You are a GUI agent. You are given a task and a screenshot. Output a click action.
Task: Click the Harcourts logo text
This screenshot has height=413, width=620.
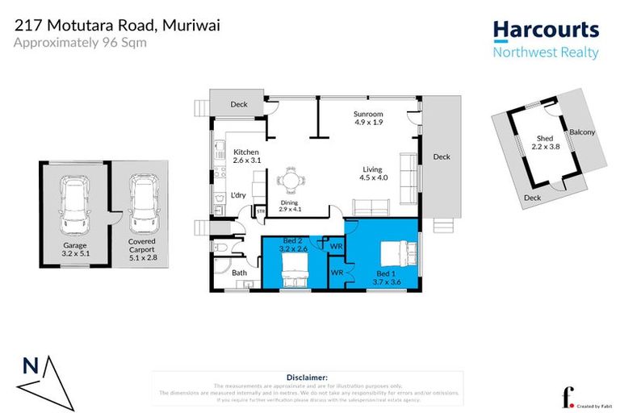[x=546, y=31]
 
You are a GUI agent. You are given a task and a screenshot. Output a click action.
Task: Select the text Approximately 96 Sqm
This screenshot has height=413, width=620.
[x=80, y=42]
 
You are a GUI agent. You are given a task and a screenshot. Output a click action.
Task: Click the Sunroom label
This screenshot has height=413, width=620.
[x=368, y=115]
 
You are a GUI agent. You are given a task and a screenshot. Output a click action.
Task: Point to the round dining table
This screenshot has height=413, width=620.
[x=289, y=181]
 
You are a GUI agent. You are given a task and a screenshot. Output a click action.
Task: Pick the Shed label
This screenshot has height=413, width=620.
[x=544, y=138]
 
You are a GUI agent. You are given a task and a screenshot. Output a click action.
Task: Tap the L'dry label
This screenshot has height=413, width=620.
[x=238, y=195]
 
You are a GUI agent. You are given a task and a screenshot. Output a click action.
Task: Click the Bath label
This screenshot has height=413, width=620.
[x=240, y=273]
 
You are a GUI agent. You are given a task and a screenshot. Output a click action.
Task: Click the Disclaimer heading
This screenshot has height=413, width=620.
[x=308, y=377]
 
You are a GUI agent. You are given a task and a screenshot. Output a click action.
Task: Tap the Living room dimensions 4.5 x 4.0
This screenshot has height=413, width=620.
[x=373, y=177]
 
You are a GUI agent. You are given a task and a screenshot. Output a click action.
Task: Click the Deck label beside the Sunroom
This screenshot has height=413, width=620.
[x=441, y=156]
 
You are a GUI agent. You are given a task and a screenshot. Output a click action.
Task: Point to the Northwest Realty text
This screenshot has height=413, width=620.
[x=546, y=53]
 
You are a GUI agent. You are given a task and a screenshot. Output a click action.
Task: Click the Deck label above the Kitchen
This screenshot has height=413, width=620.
[x=239, y=104]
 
